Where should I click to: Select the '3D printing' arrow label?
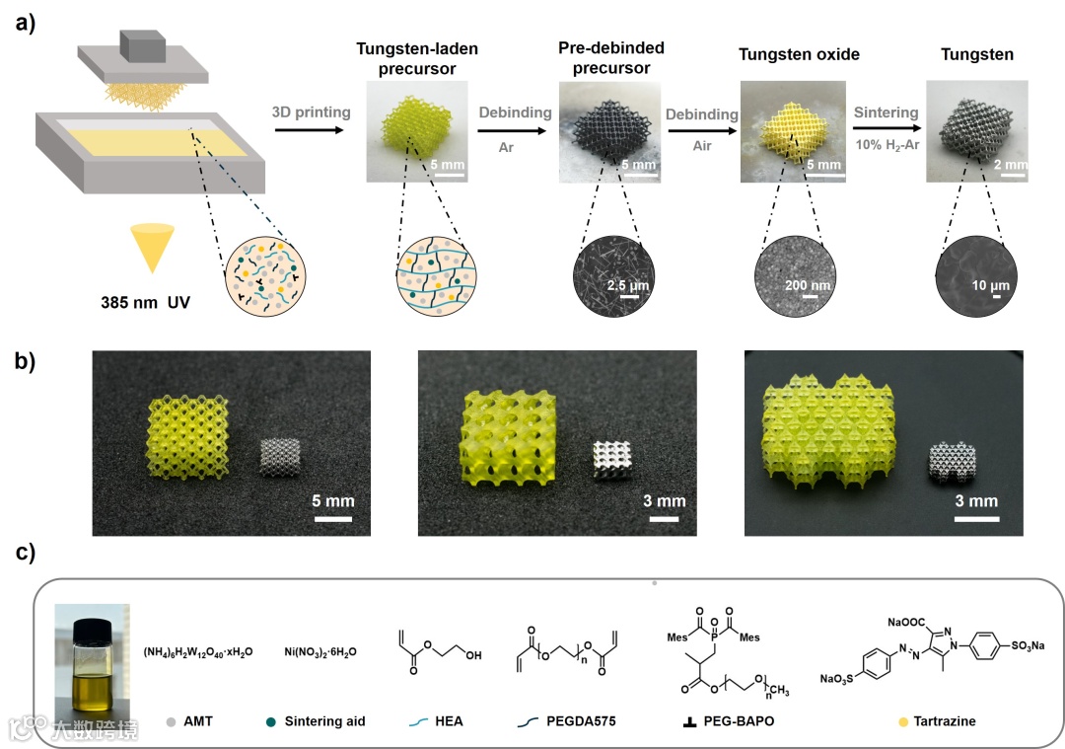tap(311, 112)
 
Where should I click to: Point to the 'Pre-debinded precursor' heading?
tap(610, 58)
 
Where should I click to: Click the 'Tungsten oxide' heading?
tap(799, 53)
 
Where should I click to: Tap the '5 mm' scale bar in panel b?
tap(334, 502)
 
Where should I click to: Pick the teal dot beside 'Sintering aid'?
tap(272, 721)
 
